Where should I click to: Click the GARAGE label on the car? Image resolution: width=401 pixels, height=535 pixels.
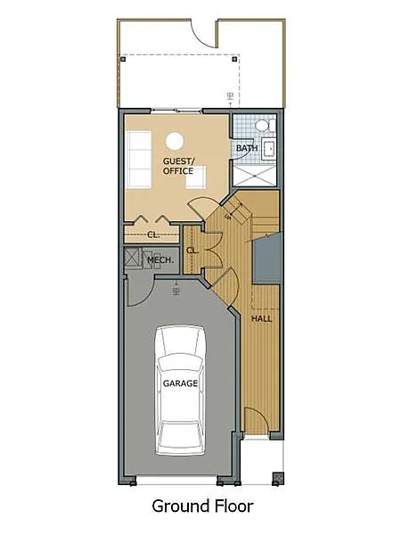(180, 384)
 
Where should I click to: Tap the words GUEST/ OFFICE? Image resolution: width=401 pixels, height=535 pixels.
(178, 166)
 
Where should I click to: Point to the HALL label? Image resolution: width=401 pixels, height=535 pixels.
(262, 318)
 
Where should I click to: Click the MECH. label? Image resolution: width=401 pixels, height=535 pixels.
(160, 260)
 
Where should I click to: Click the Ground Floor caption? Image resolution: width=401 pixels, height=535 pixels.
(202, 506)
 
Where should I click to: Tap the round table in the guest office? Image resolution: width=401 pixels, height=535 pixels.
(175, 139)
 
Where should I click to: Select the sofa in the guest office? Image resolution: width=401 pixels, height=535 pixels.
(139, 160)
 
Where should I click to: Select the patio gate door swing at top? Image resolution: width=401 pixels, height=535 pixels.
(206, 33)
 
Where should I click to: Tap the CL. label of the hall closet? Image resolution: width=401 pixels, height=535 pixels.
(192, 251)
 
